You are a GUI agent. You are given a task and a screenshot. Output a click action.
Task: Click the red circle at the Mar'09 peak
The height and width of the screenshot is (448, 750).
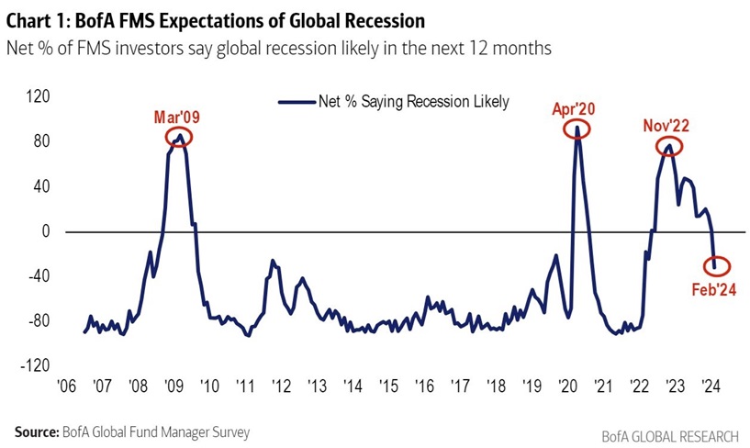180,138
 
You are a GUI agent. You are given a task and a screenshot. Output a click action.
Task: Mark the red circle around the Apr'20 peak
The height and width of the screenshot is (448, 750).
576,129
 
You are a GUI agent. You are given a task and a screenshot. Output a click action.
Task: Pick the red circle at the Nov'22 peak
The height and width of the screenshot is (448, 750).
669,147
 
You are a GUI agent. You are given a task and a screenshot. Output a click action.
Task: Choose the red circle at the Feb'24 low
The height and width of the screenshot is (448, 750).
717,266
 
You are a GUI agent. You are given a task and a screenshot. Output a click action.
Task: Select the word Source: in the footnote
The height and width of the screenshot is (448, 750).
36,431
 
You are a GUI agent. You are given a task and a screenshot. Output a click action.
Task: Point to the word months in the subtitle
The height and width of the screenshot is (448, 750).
521,49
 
